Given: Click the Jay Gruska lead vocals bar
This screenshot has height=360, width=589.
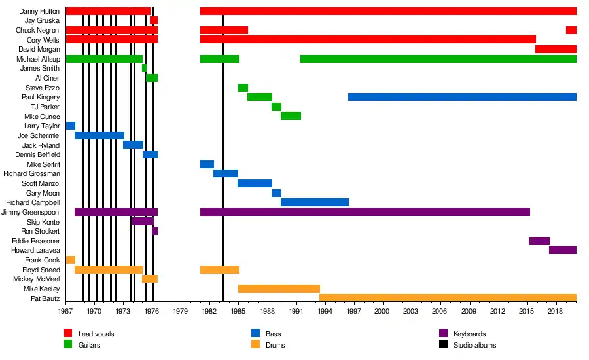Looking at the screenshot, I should point(154,20).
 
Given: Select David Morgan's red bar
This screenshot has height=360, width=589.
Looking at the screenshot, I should point(556,49).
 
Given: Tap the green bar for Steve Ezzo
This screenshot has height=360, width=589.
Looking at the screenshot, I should point(243,88).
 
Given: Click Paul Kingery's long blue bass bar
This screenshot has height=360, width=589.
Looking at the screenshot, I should point(462,97).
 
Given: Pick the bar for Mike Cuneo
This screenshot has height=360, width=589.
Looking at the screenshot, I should point(291,116).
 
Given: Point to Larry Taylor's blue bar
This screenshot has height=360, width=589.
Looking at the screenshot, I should point(71,126).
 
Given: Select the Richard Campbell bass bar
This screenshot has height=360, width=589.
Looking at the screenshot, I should point(314,202).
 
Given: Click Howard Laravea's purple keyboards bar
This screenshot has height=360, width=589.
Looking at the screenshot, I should point(563,250).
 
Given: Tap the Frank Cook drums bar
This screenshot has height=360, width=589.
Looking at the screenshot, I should point(71,260).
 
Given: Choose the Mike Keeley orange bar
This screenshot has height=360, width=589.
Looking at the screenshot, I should point(279,289).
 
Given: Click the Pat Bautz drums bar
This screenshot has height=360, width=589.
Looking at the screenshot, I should point(448,298).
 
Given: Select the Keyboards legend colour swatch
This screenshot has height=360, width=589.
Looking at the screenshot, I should point(443,334).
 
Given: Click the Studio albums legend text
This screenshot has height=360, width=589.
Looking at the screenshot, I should point(474,345).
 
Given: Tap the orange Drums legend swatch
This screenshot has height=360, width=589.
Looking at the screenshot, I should point(256,345).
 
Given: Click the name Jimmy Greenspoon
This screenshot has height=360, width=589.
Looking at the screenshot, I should point(31,212).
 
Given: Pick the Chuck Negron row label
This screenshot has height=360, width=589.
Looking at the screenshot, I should point(38,30).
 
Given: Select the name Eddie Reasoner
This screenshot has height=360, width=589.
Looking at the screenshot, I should point(36,241).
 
